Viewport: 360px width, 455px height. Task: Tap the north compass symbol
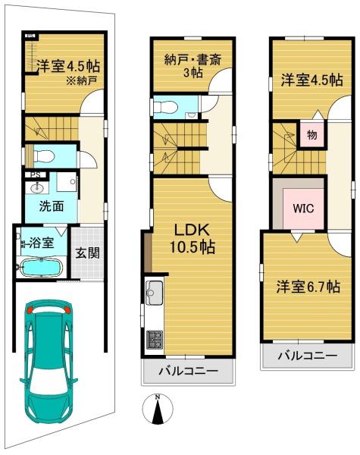pyautogui.click(x=158, y=409)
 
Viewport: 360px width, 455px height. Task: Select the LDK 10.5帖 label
pyautogui.click(x=192, y=239)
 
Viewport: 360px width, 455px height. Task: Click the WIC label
pyautogui.click(x=303, y=208)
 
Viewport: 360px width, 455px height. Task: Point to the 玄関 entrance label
pyautogui.click(x=87, y=253)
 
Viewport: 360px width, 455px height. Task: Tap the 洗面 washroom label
pyautogui.click(x=52, y=206)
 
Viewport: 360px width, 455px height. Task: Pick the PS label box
pyautogui.click(x=36, y=174)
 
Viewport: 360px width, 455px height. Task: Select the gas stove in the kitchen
pyautogui.click(x=155, y=340)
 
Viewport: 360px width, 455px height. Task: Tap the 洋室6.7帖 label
pyautogui.click(x=308, y=287)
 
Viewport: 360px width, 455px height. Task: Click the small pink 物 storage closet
pyautogui.click(x=311, y=135)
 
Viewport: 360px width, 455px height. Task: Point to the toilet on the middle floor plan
pyautogui.click(x=166, y=107)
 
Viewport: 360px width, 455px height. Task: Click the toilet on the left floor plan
pyautogui.click(x=44, y=157)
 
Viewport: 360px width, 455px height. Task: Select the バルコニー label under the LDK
pyautogui.click(x=188, y=371)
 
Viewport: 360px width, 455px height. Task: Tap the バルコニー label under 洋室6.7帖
pyautogui.click(x=308, y=355)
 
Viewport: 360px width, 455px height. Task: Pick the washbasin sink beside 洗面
pyautogui.click(x=37, y=187)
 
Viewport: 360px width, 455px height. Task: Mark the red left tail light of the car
pyautogui.click(x=30, y=309)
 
